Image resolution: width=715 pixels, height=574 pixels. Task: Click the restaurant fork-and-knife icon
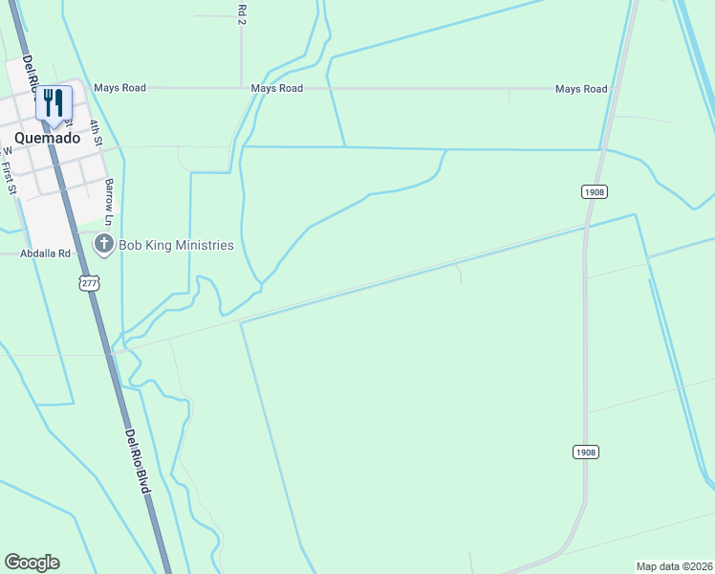[x=54, y=102]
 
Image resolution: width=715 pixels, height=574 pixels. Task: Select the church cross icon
[x=103, y=246]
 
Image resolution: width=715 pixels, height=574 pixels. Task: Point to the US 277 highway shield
[x=89, y=283]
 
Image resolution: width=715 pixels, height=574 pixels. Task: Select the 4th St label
[x=96, y=132]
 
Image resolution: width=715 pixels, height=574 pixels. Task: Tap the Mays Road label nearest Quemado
[x=119, y=88]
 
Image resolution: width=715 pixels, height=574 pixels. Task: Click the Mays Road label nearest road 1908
[x=581, y=89]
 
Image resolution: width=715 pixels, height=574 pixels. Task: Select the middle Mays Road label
[x=277, y=88]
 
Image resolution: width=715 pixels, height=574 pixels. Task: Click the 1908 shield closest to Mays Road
[x=594, y=192]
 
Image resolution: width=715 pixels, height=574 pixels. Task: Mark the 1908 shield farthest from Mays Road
[x=586, y=452]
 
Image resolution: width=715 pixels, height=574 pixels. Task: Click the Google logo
[x=32, y=563]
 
